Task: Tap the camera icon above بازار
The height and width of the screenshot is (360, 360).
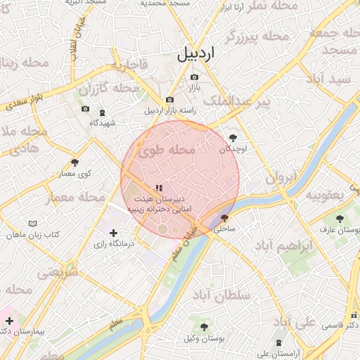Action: pyautogui.click(x=194, y=77)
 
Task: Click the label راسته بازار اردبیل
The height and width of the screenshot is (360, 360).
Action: pyautogui.click(x=171, y=110)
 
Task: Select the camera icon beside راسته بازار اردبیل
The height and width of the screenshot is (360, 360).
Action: pyautogui.click(x=169, y=101)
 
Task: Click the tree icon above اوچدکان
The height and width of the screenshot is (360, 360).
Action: pyautogui.click(x=233, y=138)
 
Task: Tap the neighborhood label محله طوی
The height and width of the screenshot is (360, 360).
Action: pyautogui.click(x=166, y=150)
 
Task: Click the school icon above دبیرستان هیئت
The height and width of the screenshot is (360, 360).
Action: pyautogui.click(x=158, y=188)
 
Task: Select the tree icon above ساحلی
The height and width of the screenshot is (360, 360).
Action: pyautogui.click(x=224, y=218)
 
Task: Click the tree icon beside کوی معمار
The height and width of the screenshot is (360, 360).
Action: pyautogui.click(x=75, y=163)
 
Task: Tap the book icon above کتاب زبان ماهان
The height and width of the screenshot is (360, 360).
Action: pyautogui.click(x=32, y=224)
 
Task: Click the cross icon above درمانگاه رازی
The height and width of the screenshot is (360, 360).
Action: pyautogui.click(x=113, y=233)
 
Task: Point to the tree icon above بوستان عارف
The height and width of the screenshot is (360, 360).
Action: pyautogui.click(x=340, y=219)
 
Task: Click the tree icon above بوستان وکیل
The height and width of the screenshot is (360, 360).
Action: pyautogui.click(x=203, y=327)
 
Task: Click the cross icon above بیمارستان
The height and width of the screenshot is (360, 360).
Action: pyautogui.click(x=9, y=321)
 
